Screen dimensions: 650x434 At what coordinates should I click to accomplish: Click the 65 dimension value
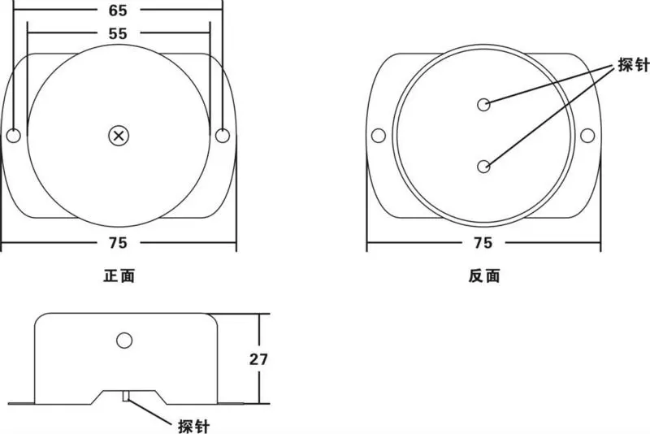(118, 10)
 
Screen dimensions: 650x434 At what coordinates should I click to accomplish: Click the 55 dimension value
(118, 33)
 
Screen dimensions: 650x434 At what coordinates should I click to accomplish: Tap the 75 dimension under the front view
(118, 243)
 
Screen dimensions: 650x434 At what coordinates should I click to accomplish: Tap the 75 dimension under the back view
(483, 243)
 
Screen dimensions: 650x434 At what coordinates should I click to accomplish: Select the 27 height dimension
(258, 359)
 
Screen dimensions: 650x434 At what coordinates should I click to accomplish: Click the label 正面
(119, 276)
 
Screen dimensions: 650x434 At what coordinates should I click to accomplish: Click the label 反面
(484, 276)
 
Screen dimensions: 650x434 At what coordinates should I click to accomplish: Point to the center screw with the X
(119, 136)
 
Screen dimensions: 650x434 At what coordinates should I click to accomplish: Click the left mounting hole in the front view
(14, 136)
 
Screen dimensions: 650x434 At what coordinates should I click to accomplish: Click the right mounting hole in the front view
(223, 136)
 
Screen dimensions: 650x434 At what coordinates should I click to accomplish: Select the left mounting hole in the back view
(378, 136)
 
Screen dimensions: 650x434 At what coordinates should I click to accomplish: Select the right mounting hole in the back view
(587, 136)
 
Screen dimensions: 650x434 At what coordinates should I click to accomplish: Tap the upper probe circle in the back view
(483, 105)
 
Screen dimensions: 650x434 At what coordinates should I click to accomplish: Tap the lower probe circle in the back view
(483, 167)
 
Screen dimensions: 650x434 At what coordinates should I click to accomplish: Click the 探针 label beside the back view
(633, 65)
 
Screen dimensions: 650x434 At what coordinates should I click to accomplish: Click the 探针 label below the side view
(194, 426)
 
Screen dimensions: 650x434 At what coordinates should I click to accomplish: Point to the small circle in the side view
(124, 341)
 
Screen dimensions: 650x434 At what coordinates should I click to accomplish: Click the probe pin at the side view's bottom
(126, 396)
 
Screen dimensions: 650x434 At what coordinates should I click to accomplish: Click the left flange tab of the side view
(21, 403)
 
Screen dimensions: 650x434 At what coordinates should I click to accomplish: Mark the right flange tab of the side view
(231, 403)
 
